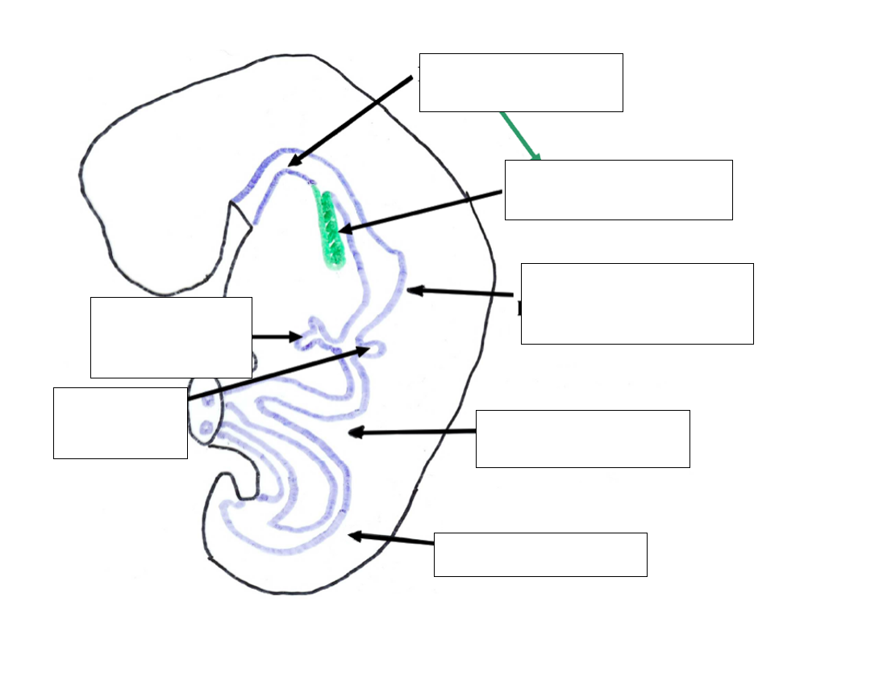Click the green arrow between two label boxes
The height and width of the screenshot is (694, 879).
pyautogui.click(x=519, y=135)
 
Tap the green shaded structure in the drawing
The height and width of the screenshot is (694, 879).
pyautogui.click(x=330, y=230)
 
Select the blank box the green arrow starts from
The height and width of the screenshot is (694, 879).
pyautogui.click(x=521, y=82)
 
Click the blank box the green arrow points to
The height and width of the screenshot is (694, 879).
pyautogui.click(x=619, y=190)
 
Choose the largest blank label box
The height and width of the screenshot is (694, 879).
pyautogui.click(x=637, y=303)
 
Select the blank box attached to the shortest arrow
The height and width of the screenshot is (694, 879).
pyautogui.click(x=171, y=337)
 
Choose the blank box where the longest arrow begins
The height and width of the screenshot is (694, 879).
pyautogui.click(x=120, y=423)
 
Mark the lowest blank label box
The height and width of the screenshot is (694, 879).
pyautogui.click(x=540, y=554)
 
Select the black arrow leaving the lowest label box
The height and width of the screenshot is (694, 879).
pyautogui.click(x=391, y=539)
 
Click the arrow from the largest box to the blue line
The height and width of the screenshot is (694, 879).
pyautogui.click(x=460, y=292)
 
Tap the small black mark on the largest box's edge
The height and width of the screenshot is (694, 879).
pyautogui.click(x=520, y=308)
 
